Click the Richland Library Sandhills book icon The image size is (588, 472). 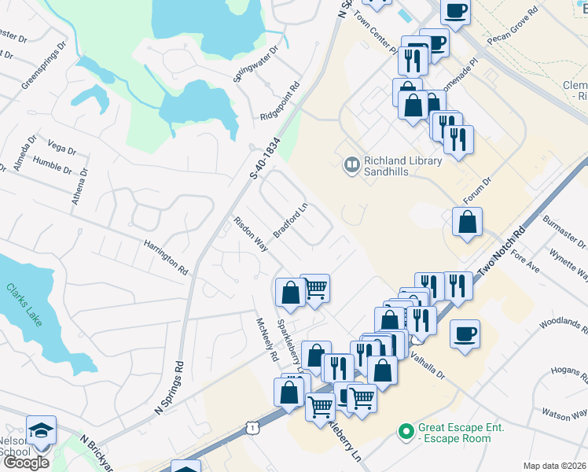[351, 164]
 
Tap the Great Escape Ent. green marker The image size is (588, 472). [406, 432]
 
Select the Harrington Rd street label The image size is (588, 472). [166, 257]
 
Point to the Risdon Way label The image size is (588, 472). [250, 234]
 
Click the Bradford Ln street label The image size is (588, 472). [290, 222]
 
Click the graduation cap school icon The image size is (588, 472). [41, 431]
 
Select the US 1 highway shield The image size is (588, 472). [252, 427]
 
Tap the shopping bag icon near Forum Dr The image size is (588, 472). [467, 223]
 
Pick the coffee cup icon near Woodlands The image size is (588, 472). [465, 333]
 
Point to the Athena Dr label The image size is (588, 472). [79, 186]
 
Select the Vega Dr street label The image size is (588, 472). [57, 146]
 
